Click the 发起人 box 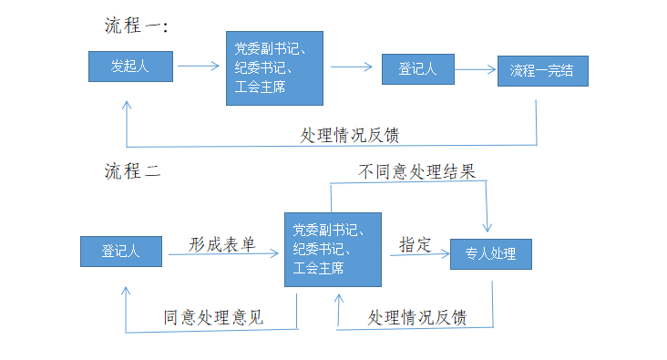pyautogui.click(x=130, y=67)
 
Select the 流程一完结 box pyautogui.click(x=542, y=71)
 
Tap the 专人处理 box pyautogui.click(x=491, y=254)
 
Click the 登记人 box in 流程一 pyautogui.click(x=417, y=68)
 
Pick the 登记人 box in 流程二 pyautogui.click(x=121, y=252)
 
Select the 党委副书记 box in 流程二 pyautogui.click(x=332, y=248)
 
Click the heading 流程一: pyautogui.click(x=137, y=26)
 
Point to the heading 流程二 pyautogui.click(x=133, y=170)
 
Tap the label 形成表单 pyautogui.click(x=222, y=244)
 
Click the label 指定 pyautogui.click(x=415, y=243)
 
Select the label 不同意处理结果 pyautogui.click(x=416, y=171)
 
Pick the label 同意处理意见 pyautogui.click(x=213, y=317)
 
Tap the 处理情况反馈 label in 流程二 pyautogui.click(x=417, y=317)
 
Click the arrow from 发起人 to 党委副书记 pyautogui.click(x=199, y=66)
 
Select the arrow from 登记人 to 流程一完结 pyautogui.click(x=475, y=69)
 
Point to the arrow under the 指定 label pyautogui.click(x=419, y=255)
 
